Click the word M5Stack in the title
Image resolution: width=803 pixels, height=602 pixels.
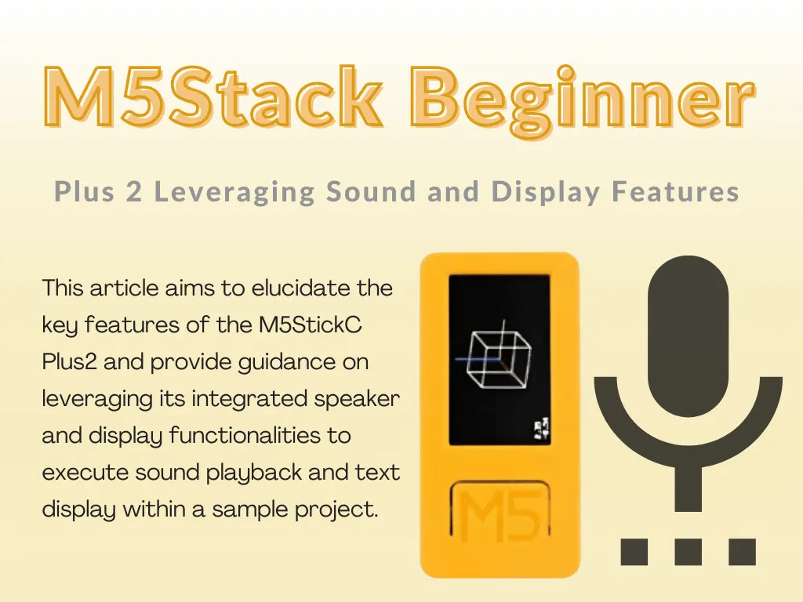pos(212,99)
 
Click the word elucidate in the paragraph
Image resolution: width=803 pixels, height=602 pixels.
pos(301,288)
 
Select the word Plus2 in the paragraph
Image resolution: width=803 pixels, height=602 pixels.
pos(70,362)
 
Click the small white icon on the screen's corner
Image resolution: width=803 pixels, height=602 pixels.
pos(540,427)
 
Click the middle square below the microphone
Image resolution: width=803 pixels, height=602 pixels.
pos(688,551)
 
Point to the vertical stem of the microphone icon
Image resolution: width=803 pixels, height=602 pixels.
pos(688,490)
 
